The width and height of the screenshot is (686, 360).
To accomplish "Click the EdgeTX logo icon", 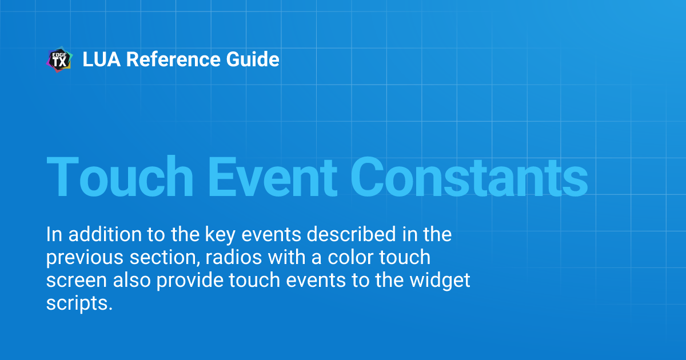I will click(59, 60).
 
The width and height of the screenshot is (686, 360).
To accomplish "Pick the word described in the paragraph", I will click(324, 234).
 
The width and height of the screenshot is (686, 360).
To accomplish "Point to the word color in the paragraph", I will click(352, 258).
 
